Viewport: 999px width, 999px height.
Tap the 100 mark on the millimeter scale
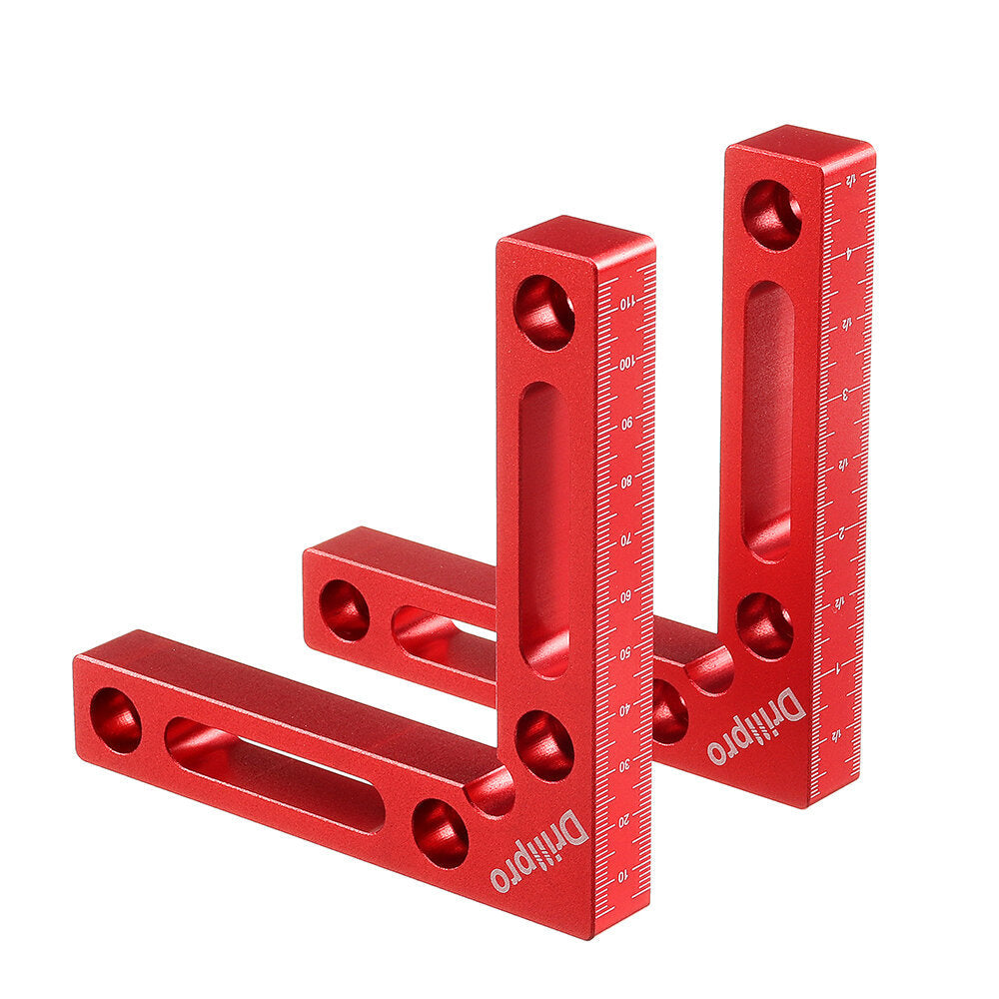pos(626,363)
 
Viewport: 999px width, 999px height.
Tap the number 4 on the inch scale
pos(848,254)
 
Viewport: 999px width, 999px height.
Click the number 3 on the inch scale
pos(846,394)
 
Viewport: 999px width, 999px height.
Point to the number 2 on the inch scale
pos(844,530)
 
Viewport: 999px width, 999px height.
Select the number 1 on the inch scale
pos(842,664)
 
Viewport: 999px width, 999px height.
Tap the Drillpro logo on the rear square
pos(756,726)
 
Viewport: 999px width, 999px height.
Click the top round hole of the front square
pos(544,312)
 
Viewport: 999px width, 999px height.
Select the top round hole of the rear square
pos(771,215)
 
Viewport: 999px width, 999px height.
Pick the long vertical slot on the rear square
pos(768,420)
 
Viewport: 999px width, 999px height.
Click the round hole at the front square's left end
pos(116,720)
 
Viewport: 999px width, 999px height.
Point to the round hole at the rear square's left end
pos(344,610)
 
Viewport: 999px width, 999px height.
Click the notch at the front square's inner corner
pos(491,792)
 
